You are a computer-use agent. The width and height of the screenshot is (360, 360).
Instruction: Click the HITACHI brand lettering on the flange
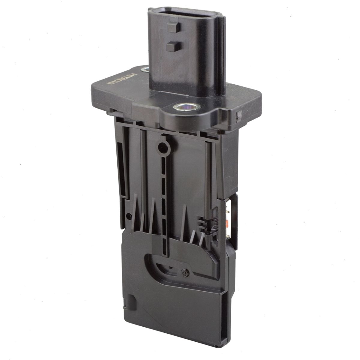point(122,79)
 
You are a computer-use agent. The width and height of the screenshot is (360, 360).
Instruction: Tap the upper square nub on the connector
point(174,27)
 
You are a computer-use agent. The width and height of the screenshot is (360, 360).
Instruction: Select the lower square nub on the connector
point(173,46)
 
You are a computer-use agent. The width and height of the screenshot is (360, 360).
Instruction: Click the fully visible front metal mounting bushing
point(186,107)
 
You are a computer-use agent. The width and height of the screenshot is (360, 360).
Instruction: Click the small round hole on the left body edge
point(128,216)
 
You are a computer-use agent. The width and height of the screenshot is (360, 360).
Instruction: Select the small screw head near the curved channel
point(185,273)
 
